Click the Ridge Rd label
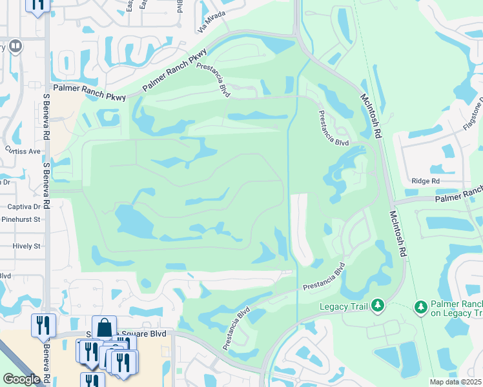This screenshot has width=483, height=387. [x=425, y=182]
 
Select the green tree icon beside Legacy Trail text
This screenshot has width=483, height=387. [x=378, y=304]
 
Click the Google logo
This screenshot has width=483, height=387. [x=21, y=379]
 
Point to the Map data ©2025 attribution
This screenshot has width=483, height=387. [x=456, y=382]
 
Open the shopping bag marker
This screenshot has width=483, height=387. [x=104, y=327]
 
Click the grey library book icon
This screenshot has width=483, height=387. [x=15, y=46]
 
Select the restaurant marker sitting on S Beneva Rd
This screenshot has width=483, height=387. [x=43, y=324]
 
